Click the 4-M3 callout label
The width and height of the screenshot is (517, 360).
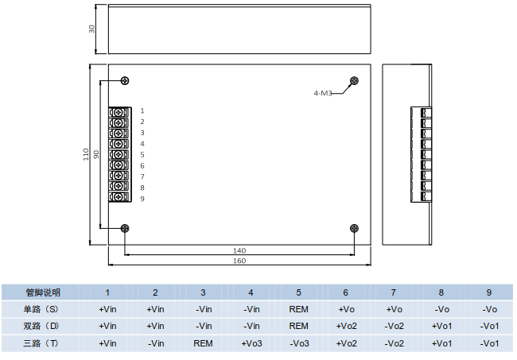pyautogui.click(x=322, y=93)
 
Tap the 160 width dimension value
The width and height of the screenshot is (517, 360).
pyautogui.click(x=239, y=261)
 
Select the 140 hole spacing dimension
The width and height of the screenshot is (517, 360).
pyautogui.click(x=239, y=250)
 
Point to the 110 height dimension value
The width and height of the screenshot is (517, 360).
pyautogui.click(x=87, y=154)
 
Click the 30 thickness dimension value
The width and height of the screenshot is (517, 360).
pyautogui.click(x=92, y=29)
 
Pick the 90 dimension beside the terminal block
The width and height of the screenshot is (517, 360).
pyautogui.click(x=96, y=154)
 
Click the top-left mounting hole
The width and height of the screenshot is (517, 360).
pyautogui.click(x=125, y=80)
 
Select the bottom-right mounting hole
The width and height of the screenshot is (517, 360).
pyautogui.click(x=354, y=228)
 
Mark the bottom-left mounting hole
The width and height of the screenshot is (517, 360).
pyautogui.click(x=125, y=228)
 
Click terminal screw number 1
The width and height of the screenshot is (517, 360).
pyautogui.click(x=119, y=111)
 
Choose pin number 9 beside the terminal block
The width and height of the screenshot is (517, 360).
pyautogui.click(x=142, y=199)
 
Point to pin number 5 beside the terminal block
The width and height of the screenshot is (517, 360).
pyautogui.click(x=142, y=154)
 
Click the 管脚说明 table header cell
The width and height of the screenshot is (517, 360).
pyautogui.click(x=42, y=292)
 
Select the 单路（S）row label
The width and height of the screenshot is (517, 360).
pyautogui.click(x=42, y=308)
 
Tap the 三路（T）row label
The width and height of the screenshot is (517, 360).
pyautogui.click(x=42, y=343)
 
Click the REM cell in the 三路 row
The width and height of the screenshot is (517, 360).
pyautogui.click(x=203, y=343)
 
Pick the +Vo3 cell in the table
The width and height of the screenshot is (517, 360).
pyautogui.click(x=251, y=343)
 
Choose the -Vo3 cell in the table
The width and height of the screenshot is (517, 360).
pyautogui.click(x=298, y=343)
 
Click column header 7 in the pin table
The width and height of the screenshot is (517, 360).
pyautogui.click(x=394, y=292)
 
